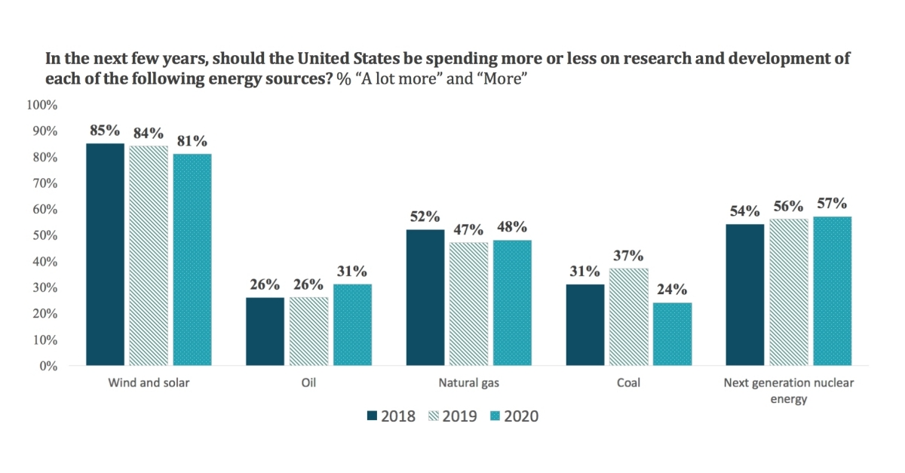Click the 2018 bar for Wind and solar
[x=105, y=254]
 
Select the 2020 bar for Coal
[x=672, y=334]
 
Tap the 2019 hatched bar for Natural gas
[x=469, y=304]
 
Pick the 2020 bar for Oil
[x=352, y=325]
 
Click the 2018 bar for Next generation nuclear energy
[x=744, y=295]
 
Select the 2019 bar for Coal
[x=629, y=317]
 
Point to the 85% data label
[x=105, y=131]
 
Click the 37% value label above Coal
[x=629, y=256]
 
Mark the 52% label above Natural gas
[x=425, y=217]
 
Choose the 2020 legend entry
[x=513, y=416]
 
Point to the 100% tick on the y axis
[x=41, y=105]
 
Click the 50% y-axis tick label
[x=44, y=235]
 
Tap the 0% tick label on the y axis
[x=47, y=366]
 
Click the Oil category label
[x=308, y=383]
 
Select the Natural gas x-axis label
[x=468, y=383]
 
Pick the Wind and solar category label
[x=149, y=383]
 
